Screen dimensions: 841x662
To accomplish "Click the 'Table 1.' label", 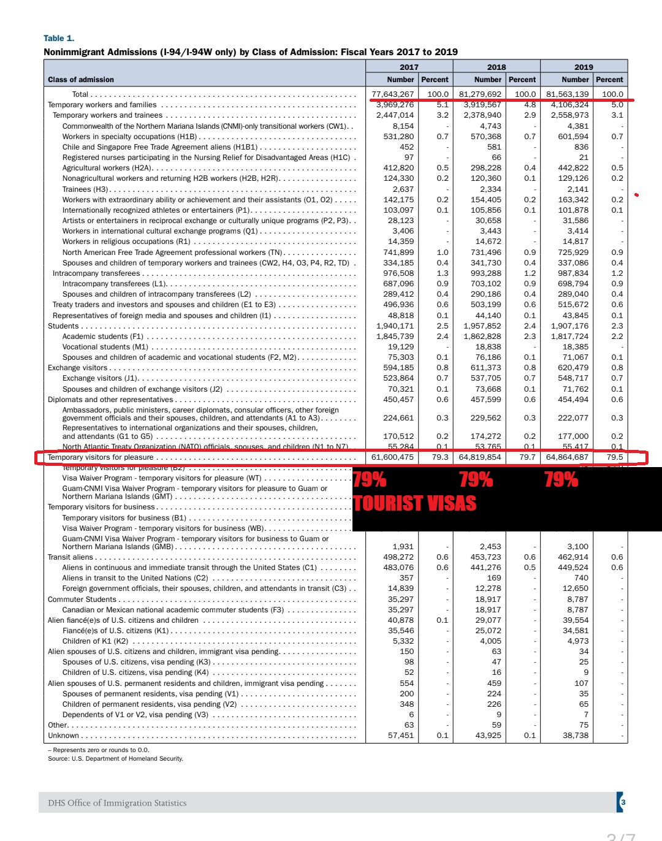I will point(59,38).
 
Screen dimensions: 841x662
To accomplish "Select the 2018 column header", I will point(496,67).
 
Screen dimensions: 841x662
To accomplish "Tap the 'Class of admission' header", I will point(81,80).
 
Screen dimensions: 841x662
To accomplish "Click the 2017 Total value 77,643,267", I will point(393,94).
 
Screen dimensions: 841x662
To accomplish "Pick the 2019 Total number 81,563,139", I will point(568,94).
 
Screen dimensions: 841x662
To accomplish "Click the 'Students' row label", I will point(63,326).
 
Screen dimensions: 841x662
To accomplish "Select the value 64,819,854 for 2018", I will point(480,457).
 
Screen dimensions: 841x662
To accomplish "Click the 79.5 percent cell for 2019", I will point(615,457).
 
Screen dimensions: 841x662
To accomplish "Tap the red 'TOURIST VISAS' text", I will point(415,503).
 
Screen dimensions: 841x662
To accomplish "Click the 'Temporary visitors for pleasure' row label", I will point(101,457).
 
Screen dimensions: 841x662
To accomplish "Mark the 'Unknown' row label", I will point(64,736).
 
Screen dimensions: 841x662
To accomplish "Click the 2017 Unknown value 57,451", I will point(401,736).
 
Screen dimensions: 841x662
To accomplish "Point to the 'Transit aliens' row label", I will point(70,557).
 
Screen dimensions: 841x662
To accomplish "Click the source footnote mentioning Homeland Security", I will point(116,759).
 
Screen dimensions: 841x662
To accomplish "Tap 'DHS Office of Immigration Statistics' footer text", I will point(117,803).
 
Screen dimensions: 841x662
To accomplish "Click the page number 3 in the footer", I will point(623,802).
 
